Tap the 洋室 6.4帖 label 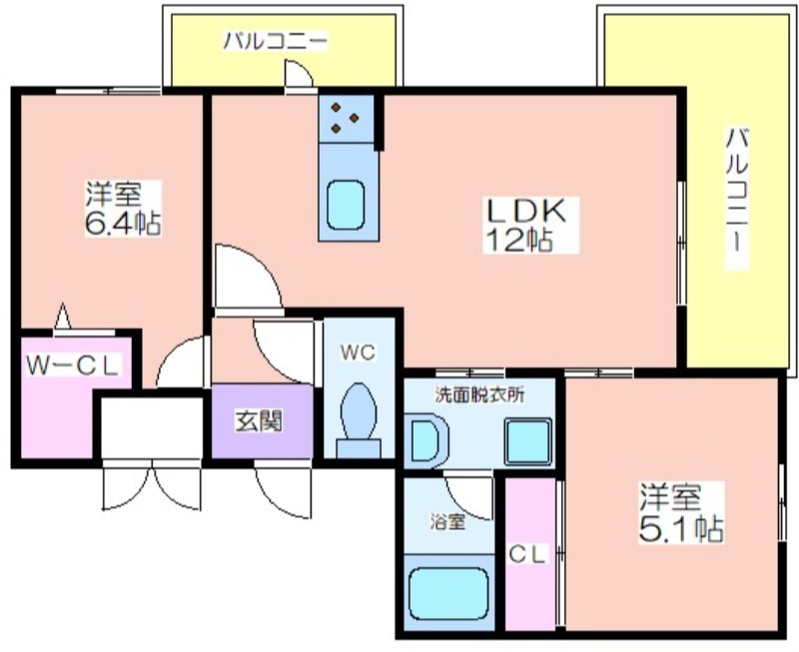point(123,208)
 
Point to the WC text point(359,352)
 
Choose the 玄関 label point(259,421)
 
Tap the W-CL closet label point(74,365)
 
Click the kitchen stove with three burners point(346,119)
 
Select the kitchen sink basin point(346,206)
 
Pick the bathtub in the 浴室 point(448,592)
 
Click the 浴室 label point(447,521)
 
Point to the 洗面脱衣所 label point(479,395)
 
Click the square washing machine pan point(528,441)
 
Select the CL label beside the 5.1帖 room point(527,555)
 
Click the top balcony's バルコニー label point(276,41)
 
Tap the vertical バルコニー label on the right point(737,198)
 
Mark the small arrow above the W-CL point(63,316)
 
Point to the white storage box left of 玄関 point(152,428)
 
